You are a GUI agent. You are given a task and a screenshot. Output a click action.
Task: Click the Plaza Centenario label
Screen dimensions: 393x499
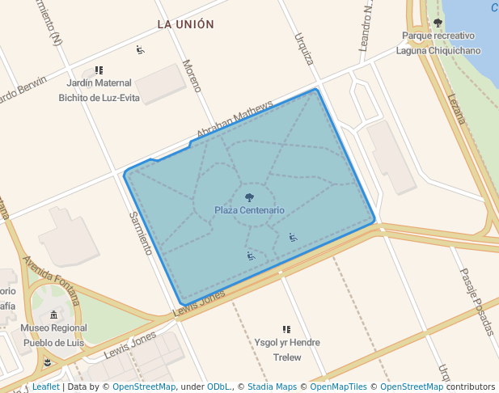click(x=249, y=210)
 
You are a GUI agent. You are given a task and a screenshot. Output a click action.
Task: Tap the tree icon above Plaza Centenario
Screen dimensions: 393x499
click(x=249, y=196)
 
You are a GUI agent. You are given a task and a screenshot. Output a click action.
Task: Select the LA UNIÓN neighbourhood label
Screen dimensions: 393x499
click(x=186, y=24)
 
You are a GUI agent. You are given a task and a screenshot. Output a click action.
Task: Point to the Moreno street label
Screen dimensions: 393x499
click(x=192, y=75)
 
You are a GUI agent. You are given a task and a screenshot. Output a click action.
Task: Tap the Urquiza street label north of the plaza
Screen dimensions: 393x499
click(x=304, y=49)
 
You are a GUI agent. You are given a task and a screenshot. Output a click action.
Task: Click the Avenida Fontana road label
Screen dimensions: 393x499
click(x=51, y=280)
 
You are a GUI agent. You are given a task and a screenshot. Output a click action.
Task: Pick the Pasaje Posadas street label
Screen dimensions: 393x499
click(x=476, y=301)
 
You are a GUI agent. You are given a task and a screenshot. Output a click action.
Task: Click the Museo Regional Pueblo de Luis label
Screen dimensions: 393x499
click(x=54, y=335)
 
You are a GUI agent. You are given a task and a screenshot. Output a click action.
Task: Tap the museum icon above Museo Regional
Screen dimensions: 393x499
click(x=54, y=315)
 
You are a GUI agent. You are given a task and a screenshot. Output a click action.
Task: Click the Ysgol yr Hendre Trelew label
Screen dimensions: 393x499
click(x=287, y=349)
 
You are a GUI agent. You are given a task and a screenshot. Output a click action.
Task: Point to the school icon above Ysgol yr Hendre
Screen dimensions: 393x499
click(x=286, y=329)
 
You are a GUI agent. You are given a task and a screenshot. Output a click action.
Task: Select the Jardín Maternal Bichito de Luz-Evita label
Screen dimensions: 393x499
click(x=99, y=91)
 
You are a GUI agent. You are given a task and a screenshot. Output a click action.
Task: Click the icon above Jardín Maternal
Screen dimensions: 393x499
click(x=99, y=70)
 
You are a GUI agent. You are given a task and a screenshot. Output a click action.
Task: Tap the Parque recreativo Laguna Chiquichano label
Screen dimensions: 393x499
click(x=438, y=44)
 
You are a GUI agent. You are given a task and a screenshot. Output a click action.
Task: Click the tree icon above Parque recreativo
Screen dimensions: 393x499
click(x=438, y=23)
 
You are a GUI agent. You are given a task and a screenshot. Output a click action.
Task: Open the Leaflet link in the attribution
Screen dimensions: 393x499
click(x=45, y=387)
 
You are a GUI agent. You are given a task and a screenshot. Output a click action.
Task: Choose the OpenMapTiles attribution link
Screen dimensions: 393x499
click(x=338, y=387)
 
